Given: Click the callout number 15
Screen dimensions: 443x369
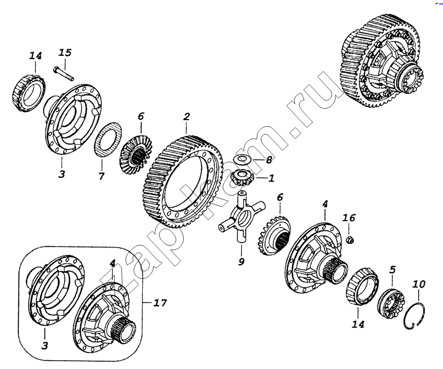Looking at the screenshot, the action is [x=65, y=53].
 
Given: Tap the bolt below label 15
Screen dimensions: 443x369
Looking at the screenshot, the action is [x=63, y=73].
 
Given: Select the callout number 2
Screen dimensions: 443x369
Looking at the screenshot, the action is [x=187, y=117].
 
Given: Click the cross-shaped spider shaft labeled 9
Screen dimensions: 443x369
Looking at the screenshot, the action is [x=241, y=216].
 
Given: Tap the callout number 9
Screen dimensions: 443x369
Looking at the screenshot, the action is [x=241, y=262].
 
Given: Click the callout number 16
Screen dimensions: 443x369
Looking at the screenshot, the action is [x=349, y=218].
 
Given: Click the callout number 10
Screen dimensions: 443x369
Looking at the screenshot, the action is [x=419, y=284].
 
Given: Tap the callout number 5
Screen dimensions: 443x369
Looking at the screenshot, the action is [x=392, y=270].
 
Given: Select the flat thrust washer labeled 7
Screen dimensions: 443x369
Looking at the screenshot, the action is [x=108, y=139].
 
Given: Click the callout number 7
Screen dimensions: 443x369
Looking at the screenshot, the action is [x=101, y=176].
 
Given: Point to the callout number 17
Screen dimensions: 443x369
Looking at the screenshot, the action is [x=160, y=303].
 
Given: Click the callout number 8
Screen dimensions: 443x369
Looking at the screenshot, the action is [x=269, y=160].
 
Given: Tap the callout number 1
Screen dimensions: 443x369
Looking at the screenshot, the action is [x=271, y=178].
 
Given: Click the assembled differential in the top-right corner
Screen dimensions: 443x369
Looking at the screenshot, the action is [x=382, y=61].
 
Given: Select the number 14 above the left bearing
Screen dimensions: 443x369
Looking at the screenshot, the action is [x=35, y=56].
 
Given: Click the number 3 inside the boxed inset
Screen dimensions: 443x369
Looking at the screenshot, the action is [x=44, y=345].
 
